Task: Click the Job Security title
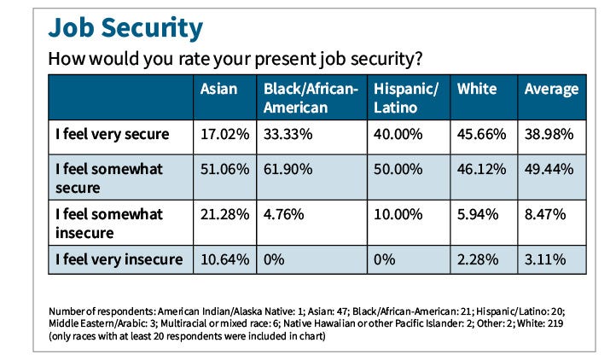click(x=125, y=27)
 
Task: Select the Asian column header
click(x=218, y=89)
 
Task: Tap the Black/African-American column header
click(x=311, y=98)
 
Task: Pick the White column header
click(x=478, y=89)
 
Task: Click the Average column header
click(x=551, y=89)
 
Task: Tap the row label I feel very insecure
click(x=118, y=259)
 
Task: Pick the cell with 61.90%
click(x=286, y=170)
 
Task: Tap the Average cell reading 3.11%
click(x=545, y=259)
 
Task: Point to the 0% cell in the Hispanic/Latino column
click(x=386, y=259)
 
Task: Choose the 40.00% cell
click(x=398, y=135)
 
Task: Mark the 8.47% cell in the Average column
click(x=545, y=213)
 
